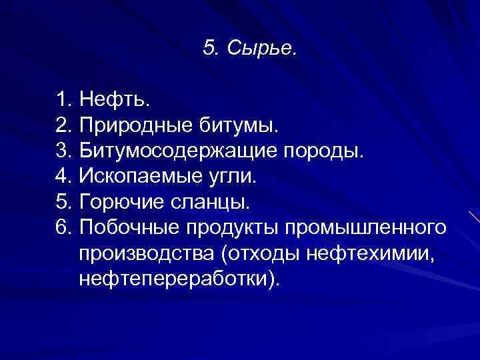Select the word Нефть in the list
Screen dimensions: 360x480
click(114, 101)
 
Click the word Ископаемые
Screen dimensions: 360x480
click(137, 177)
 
